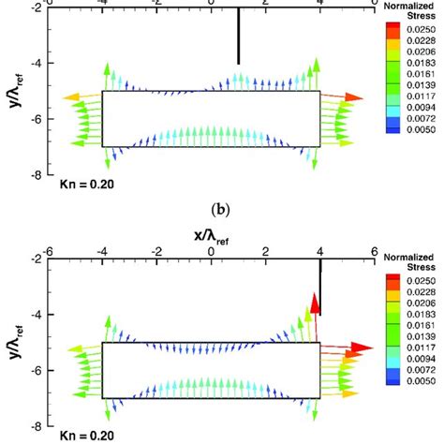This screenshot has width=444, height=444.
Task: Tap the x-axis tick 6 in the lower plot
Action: coord(374,252)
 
